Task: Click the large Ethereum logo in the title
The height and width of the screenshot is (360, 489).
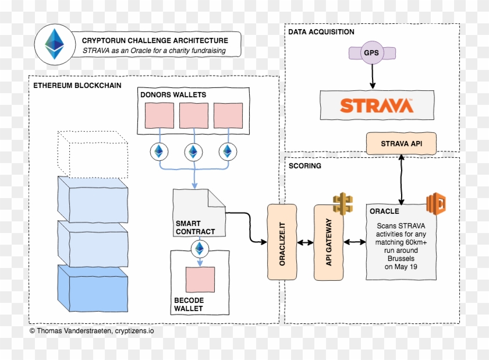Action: pos(56,44)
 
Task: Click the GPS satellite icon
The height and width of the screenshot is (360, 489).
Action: pos(371,52)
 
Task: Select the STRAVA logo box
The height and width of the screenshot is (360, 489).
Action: pos(377,106)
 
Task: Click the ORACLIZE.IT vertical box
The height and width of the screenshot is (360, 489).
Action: pos(282,242)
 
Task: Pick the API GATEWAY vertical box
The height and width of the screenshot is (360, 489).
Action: pos(328,242)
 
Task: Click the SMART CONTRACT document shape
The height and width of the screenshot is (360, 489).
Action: pos(198,212)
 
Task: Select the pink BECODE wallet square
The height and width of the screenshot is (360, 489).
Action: pos(200,280)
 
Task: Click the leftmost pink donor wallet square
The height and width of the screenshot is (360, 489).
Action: pos(159,115)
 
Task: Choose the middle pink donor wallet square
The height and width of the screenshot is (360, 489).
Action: pos(193,115)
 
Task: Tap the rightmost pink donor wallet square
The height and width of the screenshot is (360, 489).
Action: pos(228,115)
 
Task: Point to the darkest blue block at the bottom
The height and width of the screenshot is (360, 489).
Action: pos(93,288)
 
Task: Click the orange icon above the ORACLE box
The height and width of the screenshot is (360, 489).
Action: pos(435,203)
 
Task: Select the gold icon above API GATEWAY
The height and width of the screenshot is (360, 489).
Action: pos(343,203)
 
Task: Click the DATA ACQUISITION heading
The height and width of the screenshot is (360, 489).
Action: pos(321,32)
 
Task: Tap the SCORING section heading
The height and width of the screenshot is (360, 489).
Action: pos(304,166)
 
